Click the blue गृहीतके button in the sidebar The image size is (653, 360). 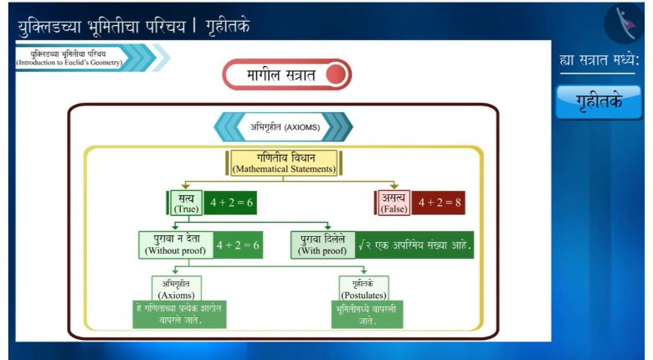(599, 102)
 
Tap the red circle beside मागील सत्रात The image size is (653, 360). (336, 75)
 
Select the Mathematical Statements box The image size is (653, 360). (284, 163)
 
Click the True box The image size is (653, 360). (186, 203)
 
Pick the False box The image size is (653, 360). (393, 203)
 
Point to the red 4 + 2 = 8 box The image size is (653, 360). (439, 203)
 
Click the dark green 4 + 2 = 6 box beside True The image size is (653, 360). (231, 203)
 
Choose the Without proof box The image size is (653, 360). (176, 245)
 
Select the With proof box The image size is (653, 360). (323, 245)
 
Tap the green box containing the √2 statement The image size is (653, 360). (414, 245)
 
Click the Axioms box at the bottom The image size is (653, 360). (177, 288)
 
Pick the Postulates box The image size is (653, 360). (364, 288)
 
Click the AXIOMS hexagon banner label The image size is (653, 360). (284, 127)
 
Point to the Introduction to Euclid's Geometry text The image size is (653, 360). (69, 63)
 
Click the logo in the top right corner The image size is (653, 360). (624, 23)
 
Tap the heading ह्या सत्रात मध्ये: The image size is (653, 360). (599, 60)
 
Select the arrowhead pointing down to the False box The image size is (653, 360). (394, 186)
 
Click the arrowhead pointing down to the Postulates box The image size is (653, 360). (363, 270)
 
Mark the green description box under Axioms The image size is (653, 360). (179, 314)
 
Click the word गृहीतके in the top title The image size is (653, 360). (228, 26)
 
